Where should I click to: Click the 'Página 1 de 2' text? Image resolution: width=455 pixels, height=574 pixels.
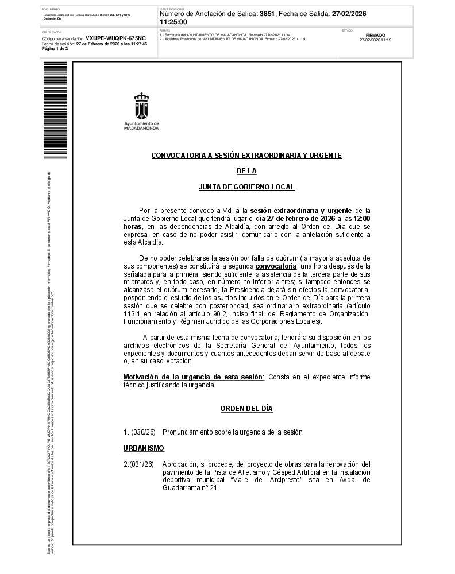coord(55,49)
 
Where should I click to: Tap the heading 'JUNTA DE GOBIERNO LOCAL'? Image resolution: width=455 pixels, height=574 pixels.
coord(246,187)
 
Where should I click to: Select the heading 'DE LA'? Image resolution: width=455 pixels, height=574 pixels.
coord(246,171)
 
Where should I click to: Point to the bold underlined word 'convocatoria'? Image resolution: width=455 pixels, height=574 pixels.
coord(276,266)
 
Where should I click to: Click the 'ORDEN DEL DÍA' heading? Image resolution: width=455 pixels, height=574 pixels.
coord(246,409)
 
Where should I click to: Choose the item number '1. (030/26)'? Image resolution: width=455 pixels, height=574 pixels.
coord(140,432)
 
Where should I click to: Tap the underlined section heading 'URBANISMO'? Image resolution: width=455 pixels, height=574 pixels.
coord(144,448)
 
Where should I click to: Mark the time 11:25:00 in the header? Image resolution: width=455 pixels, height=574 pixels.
coord(173,22)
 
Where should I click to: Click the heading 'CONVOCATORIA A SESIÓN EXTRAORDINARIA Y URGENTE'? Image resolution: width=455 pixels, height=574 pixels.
coord(246,156)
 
